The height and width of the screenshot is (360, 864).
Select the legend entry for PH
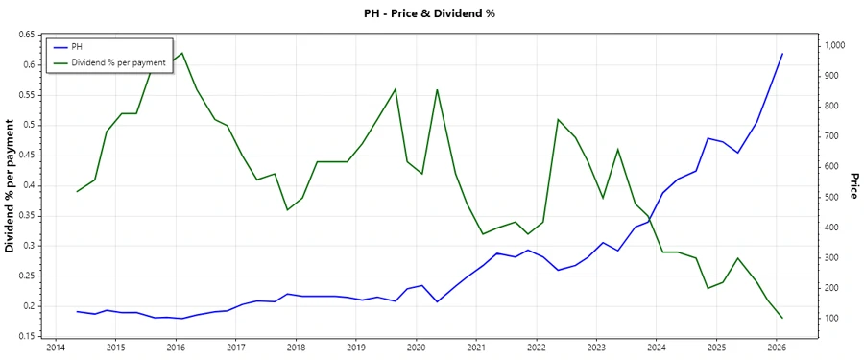click(77, 46)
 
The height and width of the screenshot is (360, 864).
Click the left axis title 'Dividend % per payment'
click(11, 186)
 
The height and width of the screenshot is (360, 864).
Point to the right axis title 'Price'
click(853, 186)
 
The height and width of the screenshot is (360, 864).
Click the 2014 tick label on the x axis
click(55, 348)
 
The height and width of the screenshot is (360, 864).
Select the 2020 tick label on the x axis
click(416, 348)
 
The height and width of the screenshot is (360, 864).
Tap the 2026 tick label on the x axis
click(777, 348)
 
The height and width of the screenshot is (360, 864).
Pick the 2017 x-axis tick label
click(235, 348)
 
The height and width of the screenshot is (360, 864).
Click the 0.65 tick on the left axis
click(25, 35)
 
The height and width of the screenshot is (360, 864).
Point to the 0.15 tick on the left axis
click(25, 336)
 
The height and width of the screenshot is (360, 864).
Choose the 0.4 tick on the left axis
click(29, 185)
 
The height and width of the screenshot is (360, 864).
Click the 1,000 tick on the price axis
click(833, 45)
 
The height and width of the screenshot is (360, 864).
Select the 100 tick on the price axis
click(830, 318)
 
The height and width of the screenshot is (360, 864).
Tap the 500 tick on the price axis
click(830, 197)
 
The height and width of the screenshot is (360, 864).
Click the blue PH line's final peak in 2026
click(782, 54)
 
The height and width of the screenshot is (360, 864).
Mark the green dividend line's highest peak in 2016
click(182, 54)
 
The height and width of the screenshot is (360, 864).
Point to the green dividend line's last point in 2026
click(782, 318)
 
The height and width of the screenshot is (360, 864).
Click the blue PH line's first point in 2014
click(77, 311)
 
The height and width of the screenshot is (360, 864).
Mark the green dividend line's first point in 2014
click(77, 191)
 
